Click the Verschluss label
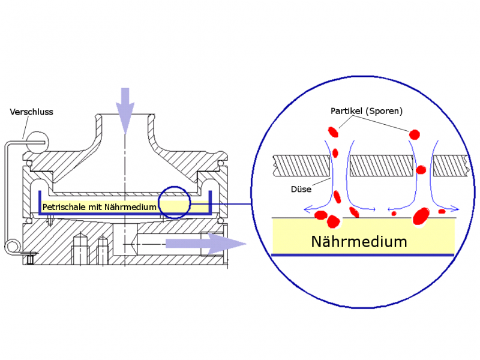click(x=32, y=112)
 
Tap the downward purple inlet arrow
click(x=125, y=110)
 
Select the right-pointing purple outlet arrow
click(x=206, y=244)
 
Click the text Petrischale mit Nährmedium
click(x=100, y=207)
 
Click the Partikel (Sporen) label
click(x=367, y=111)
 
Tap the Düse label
click(x=301, y=189)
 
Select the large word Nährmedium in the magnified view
click(x=359, y=242)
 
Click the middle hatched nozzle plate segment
click(x=382, y=166)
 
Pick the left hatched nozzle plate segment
click(x=302, y=166)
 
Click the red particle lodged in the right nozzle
click(x=421, y=170)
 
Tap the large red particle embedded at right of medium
click(x=421, y=215)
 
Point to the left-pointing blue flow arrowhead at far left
click(x=307, y=209)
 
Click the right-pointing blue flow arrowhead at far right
click(x=455, y=209)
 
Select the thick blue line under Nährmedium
click(x=363, y=254)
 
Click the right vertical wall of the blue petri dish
click(x=210, y=203)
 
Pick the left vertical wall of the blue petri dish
click(x=40, y=203)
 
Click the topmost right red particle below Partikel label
click(x=415, y=134)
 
